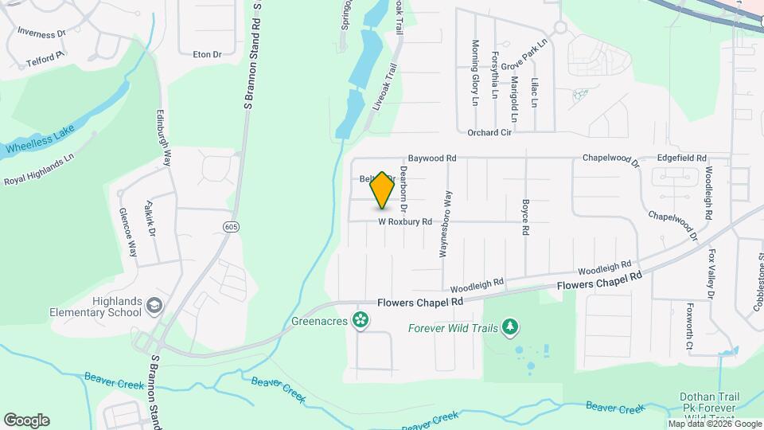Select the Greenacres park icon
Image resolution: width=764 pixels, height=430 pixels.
pyautogui.click(x=361, y=320)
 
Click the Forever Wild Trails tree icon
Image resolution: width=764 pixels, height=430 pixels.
pyautogui.click(x=509, y=327)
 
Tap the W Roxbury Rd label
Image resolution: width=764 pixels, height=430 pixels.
pyautogui.click(x=404, y=221)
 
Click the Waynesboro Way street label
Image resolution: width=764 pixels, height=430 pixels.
pyautogui.click(x=447, y=224)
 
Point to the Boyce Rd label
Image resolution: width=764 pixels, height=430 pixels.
pyautogui.click(x=525, y=217)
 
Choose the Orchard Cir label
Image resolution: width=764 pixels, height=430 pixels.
pyautogui.click(x=489, y=133)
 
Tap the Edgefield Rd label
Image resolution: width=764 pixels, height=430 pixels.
pyautogui.click(x=681, y=158)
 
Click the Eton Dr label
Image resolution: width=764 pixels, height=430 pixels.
pyautogui.click(x=207, y=54)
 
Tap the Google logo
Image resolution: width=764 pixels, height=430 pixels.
pyautogui.click(x=26, y=420)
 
